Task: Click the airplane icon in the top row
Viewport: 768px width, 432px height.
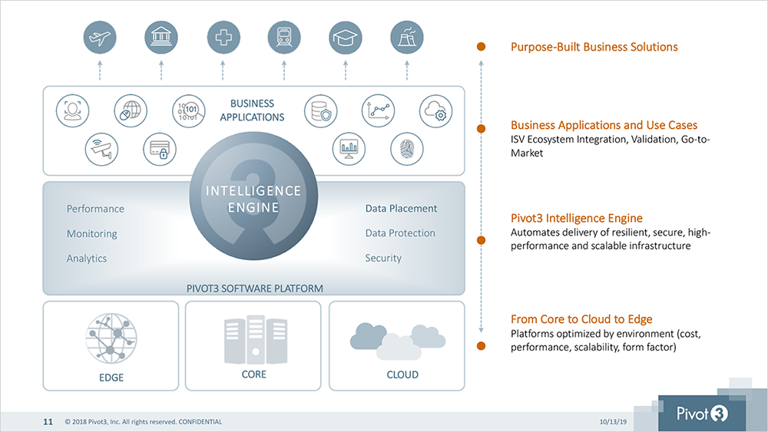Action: click(100, 37)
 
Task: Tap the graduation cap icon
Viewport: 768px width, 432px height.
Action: click(346, 37)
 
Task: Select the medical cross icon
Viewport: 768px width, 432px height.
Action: click(223, 37)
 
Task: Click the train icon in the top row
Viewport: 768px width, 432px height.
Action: click(284, 37)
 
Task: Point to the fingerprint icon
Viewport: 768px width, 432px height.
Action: click(406, 149)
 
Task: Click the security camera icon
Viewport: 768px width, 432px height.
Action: click(101, 149)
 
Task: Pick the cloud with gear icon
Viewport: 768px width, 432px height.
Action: click(435, 111)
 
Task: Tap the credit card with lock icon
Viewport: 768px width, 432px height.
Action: click(160, 149)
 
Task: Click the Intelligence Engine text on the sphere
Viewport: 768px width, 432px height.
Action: click(253, 199)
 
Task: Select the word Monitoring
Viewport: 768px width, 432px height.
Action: click(92, 234)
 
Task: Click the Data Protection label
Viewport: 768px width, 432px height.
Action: click(400, 232)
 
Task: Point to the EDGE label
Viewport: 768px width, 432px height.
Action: click(111, 378)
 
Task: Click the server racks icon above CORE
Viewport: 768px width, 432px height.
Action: click(255, 339)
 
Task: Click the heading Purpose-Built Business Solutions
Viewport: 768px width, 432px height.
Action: click(594, 47)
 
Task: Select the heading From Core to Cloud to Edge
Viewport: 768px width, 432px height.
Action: click(581, 319)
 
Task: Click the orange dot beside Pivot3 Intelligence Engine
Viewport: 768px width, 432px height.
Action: click(481, 240)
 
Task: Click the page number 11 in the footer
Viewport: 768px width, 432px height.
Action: click(48, 422)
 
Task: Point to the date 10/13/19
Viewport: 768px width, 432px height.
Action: click(613, 422)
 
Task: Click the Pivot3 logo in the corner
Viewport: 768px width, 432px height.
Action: click(702, 414)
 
